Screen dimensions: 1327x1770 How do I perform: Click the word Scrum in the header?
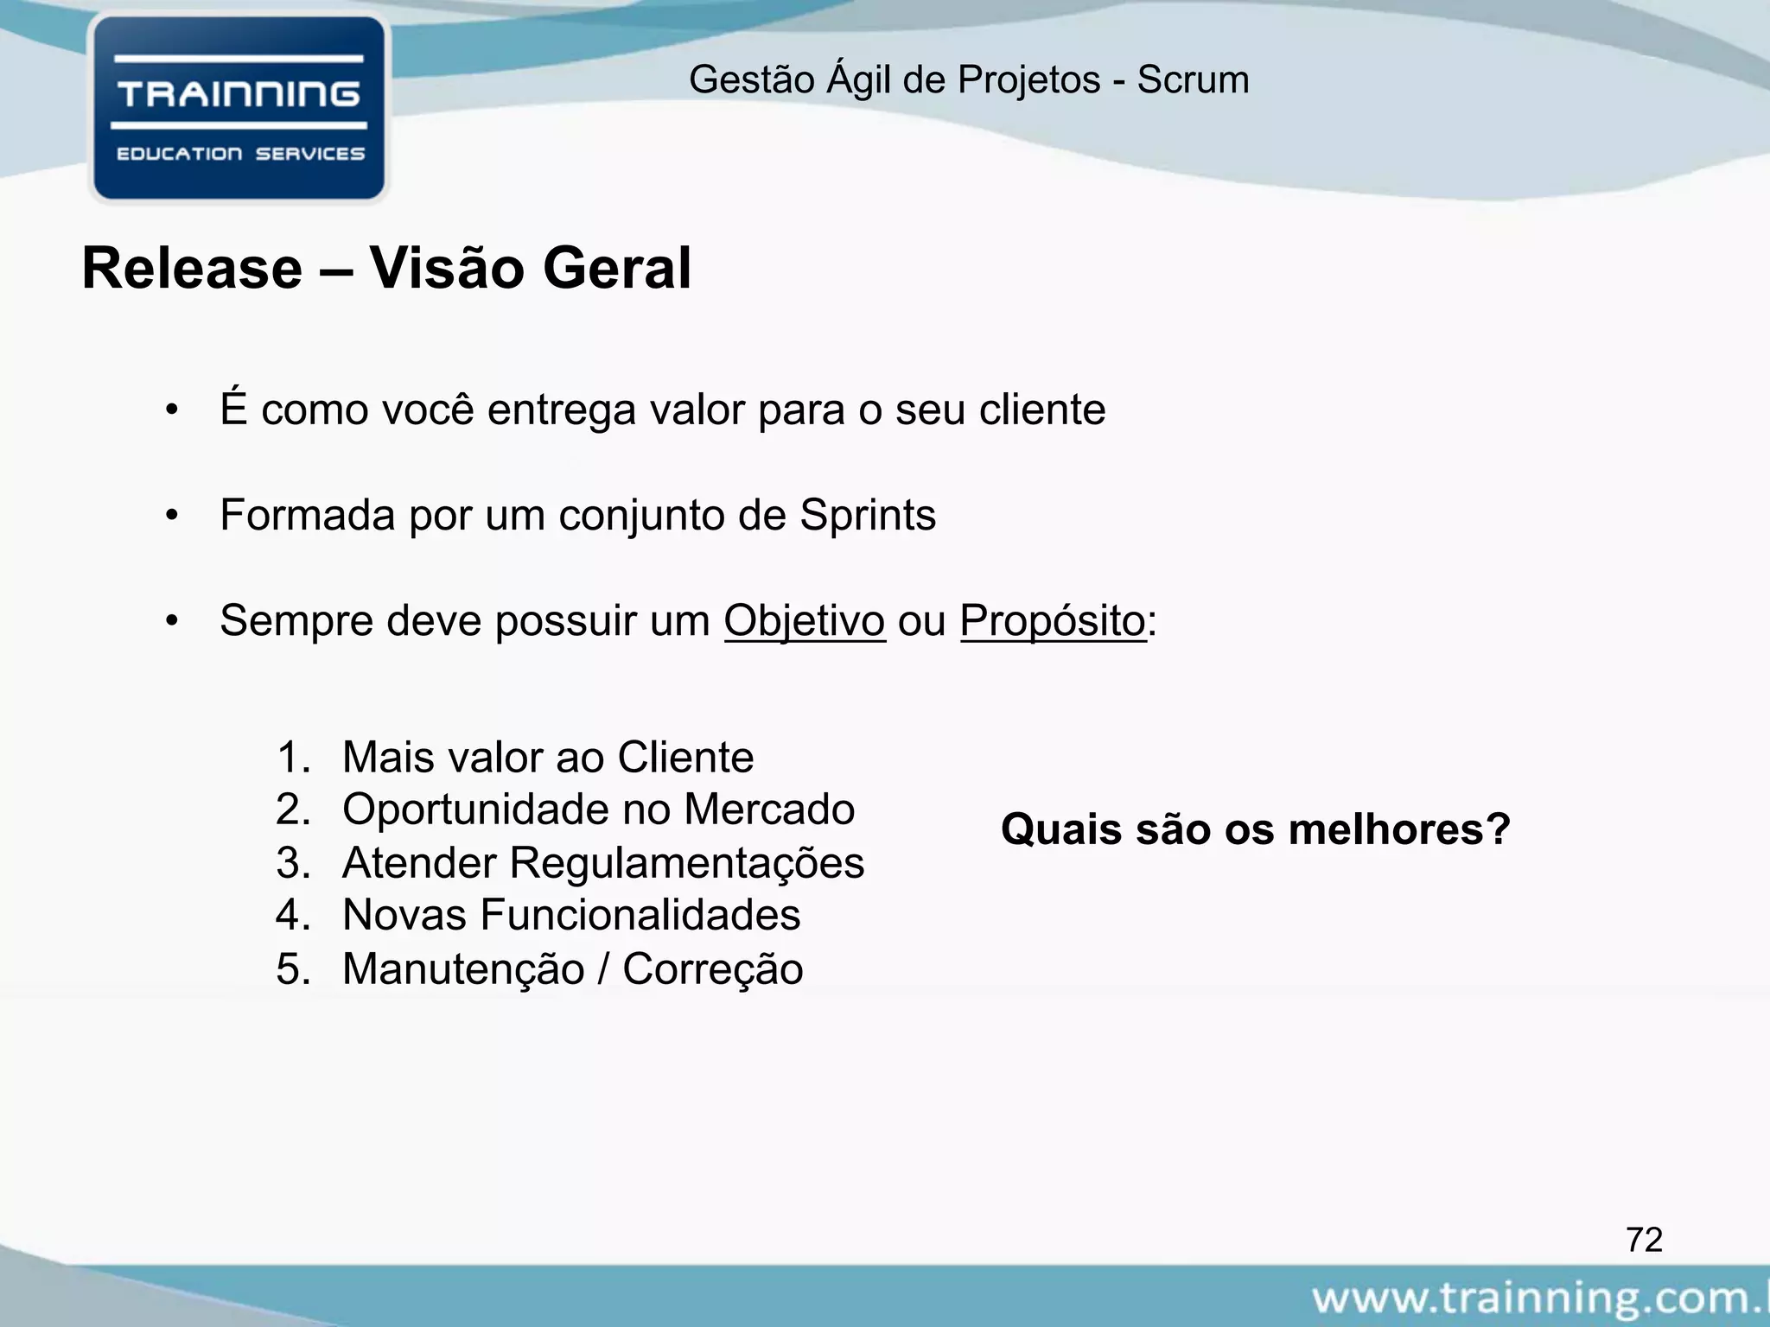(1193, 80)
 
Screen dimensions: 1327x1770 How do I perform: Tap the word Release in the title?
(192, 269)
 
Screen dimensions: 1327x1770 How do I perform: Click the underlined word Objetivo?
(804, 621)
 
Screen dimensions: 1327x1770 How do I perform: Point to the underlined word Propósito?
(1052, 621)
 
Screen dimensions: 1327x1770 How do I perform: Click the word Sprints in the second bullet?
(867, 516)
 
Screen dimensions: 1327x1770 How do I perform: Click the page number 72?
(1644, 1240)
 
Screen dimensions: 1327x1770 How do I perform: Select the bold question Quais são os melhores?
(1255, 829)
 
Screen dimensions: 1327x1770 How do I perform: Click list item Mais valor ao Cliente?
(547, 758)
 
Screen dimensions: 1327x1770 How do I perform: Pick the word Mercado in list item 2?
(769, 810)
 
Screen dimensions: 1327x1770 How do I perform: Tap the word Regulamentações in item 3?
(686, 863)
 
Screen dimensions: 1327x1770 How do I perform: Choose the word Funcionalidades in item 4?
(640, 915)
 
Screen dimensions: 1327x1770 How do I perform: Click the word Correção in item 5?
(712, 969)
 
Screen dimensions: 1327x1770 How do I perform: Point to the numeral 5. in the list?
(293, 969)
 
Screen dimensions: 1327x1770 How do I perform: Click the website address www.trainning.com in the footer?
(1538, 1298)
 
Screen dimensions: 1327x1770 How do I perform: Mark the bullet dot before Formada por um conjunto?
(172, 516)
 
